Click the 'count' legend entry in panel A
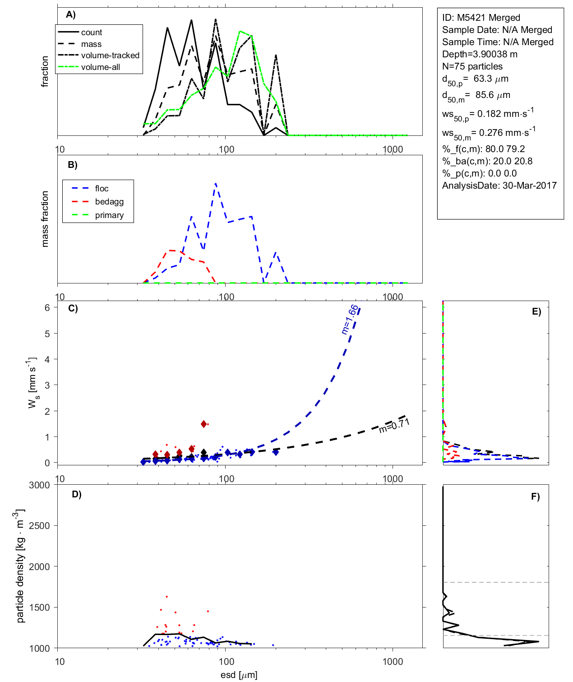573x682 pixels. pos(92,32)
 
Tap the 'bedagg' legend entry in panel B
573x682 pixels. pos(109,202)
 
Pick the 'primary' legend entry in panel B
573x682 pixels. pos(109,215)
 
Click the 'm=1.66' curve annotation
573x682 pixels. pos(350,320)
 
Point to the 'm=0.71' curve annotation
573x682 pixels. pos(394,425)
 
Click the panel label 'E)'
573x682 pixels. pos(536,311)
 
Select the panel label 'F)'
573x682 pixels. pos(535,496)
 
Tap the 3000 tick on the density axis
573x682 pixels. pos(39,485)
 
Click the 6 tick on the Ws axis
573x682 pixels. pos(47,307)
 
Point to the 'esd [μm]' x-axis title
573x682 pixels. pos(239,675)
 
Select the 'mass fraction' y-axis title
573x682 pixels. pos(45,219)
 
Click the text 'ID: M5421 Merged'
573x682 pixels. pos(481,18)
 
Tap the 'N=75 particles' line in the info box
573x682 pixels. pos(472,66)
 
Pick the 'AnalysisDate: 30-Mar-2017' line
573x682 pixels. pos(499,186)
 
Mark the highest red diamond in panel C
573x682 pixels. pos(204,424)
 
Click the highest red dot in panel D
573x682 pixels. pos(166,597)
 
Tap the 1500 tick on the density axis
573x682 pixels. pos(39,608)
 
